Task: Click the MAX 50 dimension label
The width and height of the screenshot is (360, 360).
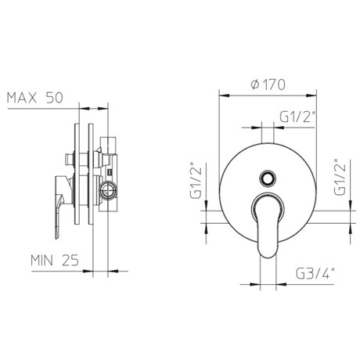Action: pos(35,98)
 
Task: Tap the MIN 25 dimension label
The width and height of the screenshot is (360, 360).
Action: pos(55,260)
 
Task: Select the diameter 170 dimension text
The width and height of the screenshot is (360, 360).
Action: pos(268,85)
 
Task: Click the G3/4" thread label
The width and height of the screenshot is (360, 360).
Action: pos(315,274)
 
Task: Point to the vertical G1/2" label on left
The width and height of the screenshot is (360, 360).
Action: pos(196,180)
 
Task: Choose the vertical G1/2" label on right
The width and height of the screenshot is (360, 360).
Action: pos(340,177)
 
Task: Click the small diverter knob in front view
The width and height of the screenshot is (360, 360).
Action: pos(268,178)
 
